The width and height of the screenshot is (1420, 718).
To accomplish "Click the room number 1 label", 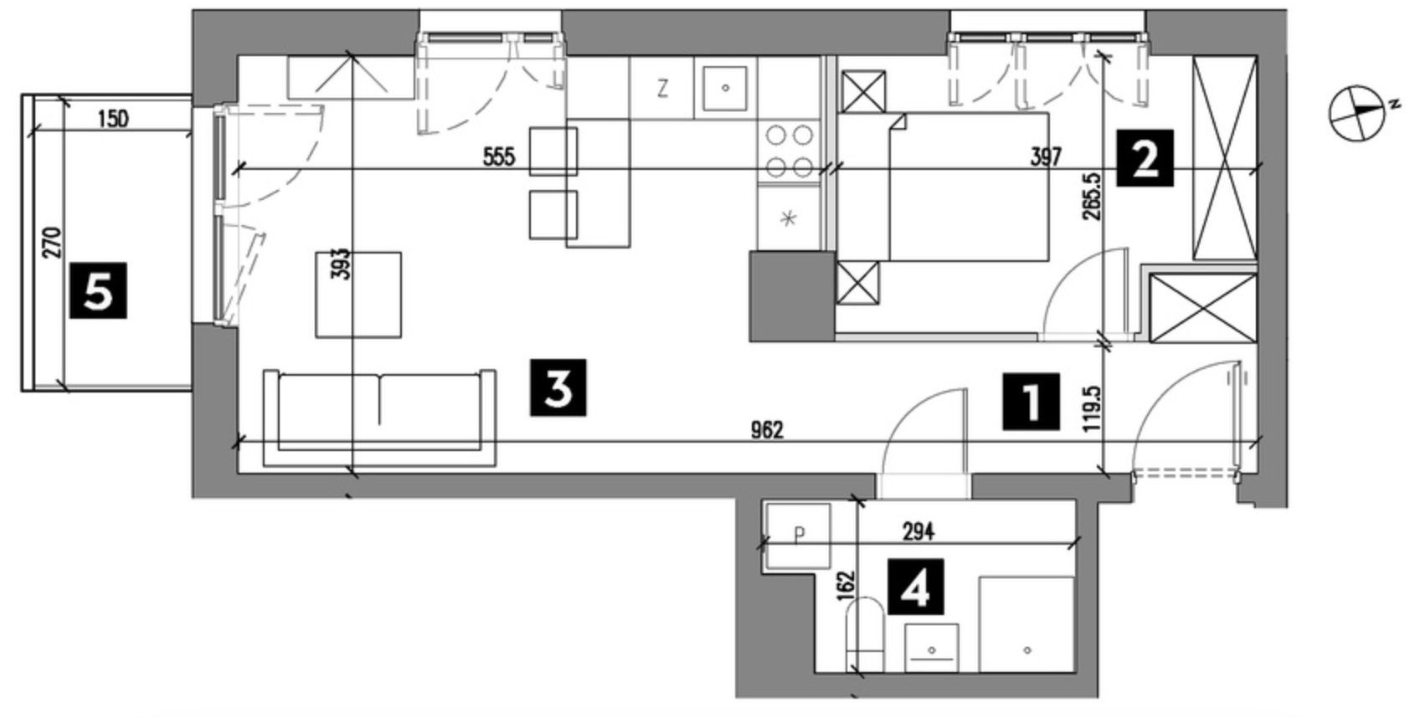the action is point(1031,402).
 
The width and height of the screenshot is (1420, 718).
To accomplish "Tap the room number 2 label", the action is point(1145,158).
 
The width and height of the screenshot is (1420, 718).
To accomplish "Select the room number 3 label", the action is point(558,387).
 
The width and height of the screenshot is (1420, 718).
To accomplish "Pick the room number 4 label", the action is point(915,587).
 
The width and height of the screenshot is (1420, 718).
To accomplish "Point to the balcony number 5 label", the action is point(98,290).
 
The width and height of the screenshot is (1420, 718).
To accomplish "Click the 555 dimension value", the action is point(499,157).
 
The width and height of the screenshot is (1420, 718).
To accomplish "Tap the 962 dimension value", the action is point(767,431).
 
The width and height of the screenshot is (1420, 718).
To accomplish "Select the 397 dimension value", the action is point(1046,157).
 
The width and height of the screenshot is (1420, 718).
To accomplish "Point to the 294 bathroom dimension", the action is point(918,532).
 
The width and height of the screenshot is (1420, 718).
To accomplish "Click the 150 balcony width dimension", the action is point(114,119).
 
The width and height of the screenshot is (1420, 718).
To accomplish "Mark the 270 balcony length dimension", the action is point(54,243).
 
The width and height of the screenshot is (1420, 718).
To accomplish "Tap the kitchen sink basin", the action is point(724,88).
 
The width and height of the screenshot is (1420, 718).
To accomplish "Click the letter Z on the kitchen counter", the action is point(662,90).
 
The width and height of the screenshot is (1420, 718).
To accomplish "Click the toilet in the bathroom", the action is point(865,634).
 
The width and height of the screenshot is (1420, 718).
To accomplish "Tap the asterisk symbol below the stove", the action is point(789,219).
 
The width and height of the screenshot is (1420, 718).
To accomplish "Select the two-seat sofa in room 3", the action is point(379,418).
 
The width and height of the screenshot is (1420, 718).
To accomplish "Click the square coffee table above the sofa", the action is point(358,295).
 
